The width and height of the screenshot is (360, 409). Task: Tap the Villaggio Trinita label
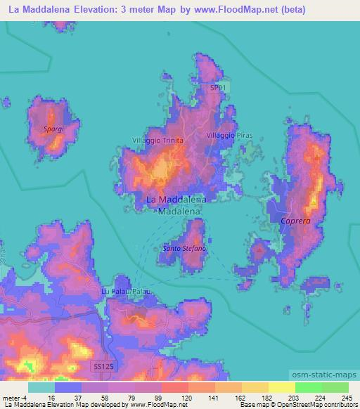[157, 141]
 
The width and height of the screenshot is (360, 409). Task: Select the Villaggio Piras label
[229, 135]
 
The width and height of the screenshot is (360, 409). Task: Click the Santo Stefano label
[184, 249]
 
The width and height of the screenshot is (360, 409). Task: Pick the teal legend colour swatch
[41, 387]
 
